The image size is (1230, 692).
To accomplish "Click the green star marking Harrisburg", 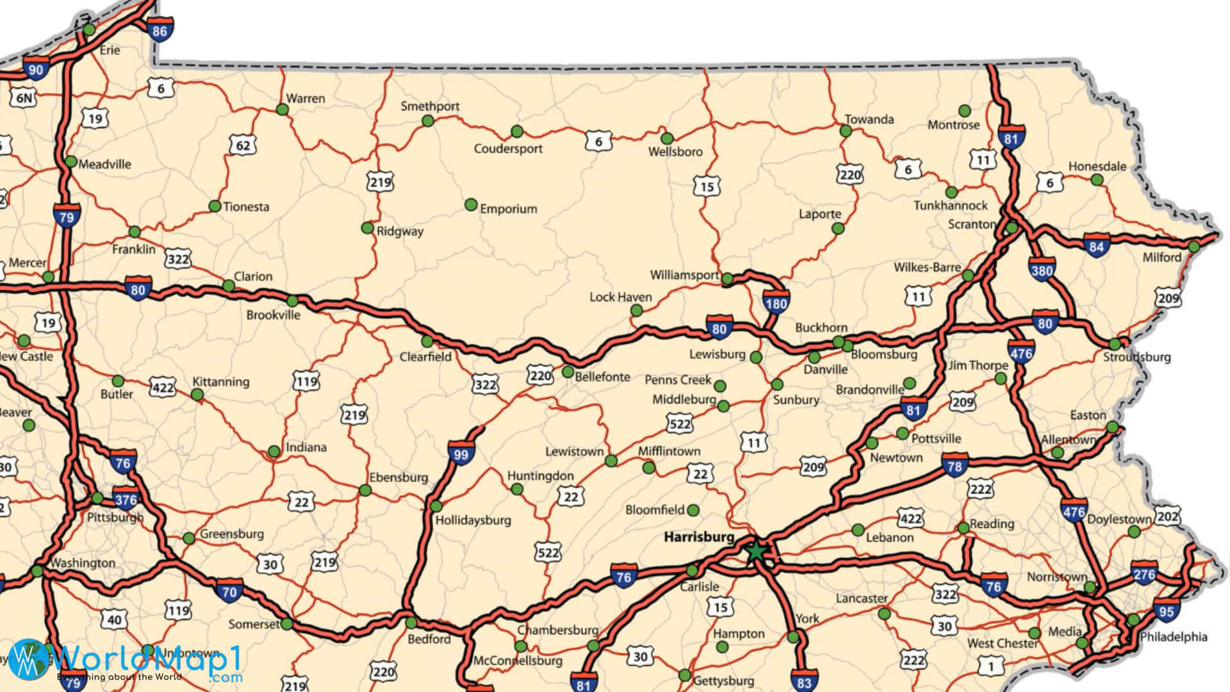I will coord(756,550).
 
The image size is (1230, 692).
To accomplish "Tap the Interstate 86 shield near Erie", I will coord(160,30).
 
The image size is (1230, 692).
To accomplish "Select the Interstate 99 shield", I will coord(461,454).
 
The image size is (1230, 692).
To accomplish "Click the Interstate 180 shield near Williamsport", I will coord(775,302).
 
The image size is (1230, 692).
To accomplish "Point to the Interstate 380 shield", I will coord(1042,270).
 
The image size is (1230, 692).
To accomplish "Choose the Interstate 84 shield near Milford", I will coord(1096,247).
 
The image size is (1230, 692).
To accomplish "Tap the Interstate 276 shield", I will coord(1144,574).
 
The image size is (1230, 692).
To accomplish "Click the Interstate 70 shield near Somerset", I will coord(229,591).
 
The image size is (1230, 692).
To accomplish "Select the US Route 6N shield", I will coord(23,97).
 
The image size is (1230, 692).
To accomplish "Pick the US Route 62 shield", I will coord(243,145).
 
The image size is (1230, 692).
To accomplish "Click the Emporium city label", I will coord(508,209).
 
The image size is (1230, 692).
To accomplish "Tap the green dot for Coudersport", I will coord(517,131).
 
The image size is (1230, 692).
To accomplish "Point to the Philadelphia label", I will coord(1174,637).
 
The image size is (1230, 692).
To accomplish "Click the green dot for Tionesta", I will coord(215,206).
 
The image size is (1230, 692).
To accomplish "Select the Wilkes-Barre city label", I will coord(927,267).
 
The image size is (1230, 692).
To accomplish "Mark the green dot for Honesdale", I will coord(1097,180).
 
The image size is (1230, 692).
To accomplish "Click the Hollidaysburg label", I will coord(473,520).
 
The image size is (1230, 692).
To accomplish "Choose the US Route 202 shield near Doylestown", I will coord(1167,516).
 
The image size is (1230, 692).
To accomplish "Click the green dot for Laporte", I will coord(838,228).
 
